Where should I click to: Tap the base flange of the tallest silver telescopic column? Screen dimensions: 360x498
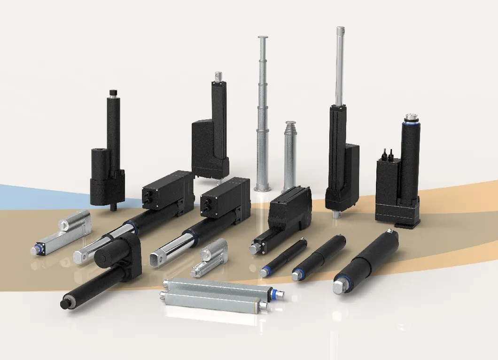(262, 189)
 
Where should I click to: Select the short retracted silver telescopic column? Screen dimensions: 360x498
(290, 155)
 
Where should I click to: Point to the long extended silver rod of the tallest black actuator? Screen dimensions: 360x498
(339, 66)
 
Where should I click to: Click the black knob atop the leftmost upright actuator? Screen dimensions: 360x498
(112, 92)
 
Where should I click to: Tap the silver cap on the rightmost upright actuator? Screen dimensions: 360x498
(412, 117)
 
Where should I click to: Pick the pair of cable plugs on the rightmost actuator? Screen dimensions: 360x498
(388, 154)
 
